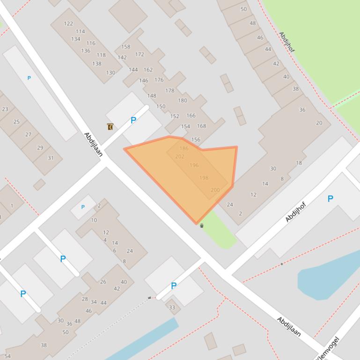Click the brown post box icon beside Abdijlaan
pyautogui.click(x=110, y=127)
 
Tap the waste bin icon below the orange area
pyautogui.click(x=202, y=226)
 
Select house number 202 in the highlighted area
pyautogui.click(x=180, y=157)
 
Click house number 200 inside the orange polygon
pyautogui.click(x=215, y=190)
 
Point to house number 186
pyautogui.click(x=184, y=148)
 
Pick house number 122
pyautogui.click(x=68, y=23)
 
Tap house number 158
pyautogui.click(x=125, y=47)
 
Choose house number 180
pyautogui.click(x=183, y=100)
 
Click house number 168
pyautogui.click(x=202, y=126)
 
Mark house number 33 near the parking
pyautogui.click(x=172, y=307)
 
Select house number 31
pyautogui.click(x=51, y=158)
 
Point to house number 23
pyautogui.click(x=5, y=109)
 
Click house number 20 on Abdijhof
pyautogui.click(x=319, y=123)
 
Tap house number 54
pyautogui.click(x=7, y=356)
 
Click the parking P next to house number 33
pyautogui.click(x=174, y=286)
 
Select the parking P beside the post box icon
pyautogui.click(x=133, y=120)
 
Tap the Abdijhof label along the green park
pyautogui.click(x=287, y=42)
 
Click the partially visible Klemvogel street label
pyautogui.click(x=328, y=349)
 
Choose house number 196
pyautogui.click(x=194, y=165)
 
